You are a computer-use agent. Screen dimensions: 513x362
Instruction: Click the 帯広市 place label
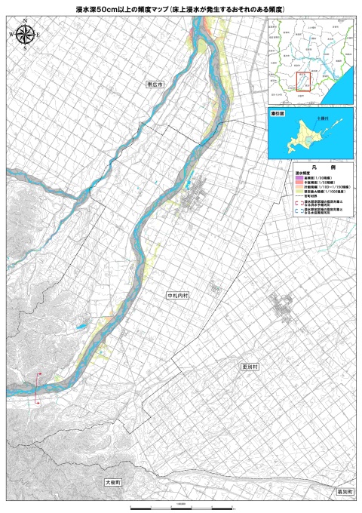(x=156, y=86)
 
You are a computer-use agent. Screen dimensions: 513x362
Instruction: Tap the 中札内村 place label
(x=178, y=296)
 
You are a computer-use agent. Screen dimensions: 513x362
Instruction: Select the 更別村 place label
(x=250, y=366)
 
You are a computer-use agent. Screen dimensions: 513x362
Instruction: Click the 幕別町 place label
(x=345, y=491)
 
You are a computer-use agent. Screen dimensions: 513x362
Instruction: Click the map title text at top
(x=180, y=8)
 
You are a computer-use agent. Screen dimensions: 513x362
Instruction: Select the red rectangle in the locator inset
(x=303, y=81)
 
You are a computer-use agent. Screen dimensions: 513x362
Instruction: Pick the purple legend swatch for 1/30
(x=299, y=178)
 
